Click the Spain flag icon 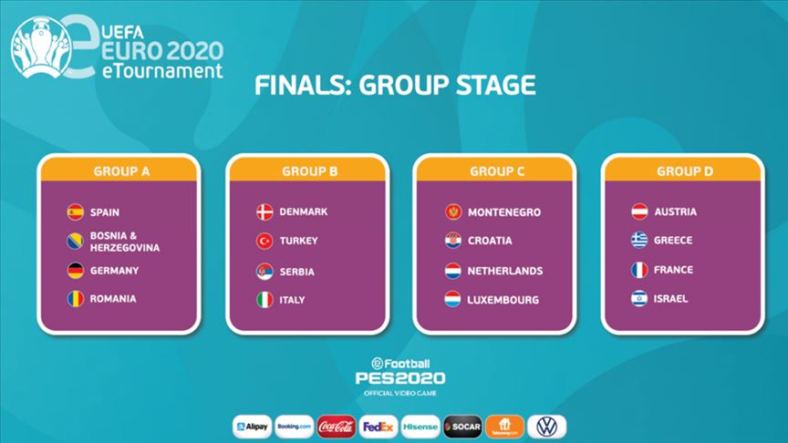75,212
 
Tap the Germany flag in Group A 75,271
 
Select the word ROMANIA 113,299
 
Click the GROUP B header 308,170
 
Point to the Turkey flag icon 264,242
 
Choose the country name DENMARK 304,212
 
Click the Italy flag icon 264,300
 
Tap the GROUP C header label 497,170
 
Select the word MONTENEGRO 504,212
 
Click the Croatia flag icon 453,241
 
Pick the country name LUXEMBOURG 503,300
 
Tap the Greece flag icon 640,241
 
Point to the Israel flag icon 640,299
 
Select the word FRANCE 673,270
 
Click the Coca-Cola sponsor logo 337,427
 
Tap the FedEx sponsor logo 378,427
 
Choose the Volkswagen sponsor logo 547,427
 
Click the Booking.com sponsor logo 295,427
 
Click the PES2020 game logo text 401,376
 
